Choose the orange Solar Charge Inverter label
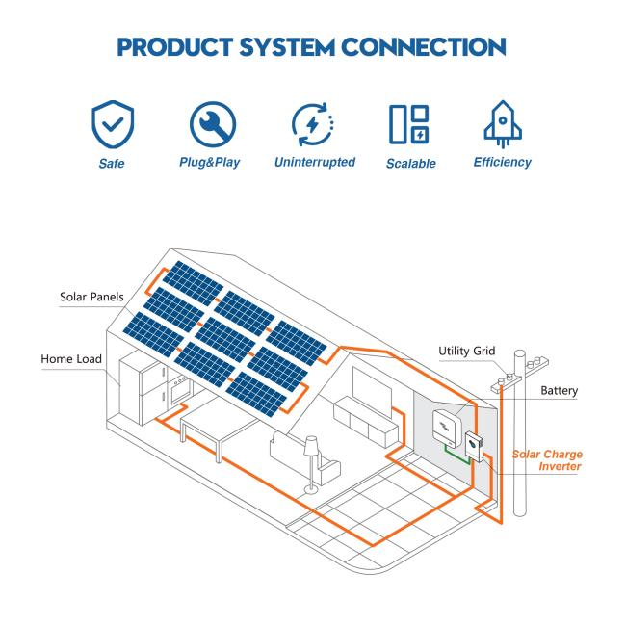coord(546,459)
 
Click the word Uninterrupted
coord(314,162)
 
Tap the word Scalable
coord(410,163)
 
